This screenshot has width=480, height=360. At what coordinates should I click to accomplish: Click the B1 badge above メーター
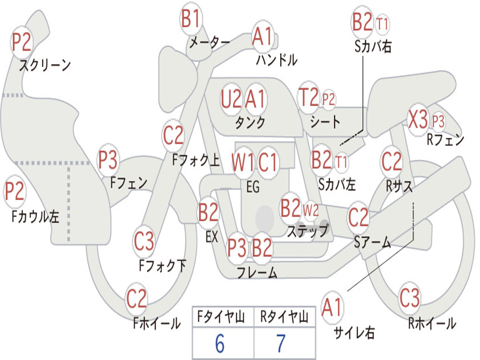(191, 20)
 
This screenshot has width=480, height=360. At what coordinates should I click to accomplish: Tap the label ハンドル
(277, 60)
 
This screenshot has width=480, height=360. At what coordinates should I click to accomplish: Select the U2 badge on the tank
(232, 99)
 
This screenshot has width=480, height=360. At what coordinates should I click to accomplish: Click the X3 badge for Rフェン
(418, 120)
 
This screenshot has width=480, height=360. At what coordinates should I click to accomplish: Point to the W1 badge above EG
(243, 163)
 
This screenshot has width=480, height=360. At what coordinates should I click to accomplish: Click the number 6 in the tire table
(220, 344)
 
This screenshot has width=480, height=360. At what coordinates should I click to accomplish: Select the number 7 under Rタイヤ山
(281, 344)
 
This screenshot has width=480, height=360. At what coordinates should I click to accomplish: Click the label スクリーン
(45, 65)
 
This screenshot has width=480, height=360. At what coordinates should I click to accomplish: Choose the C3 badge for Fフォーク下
(144, 242)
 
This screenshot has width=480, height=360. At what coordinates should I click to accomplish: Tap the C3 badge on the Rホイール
(410, 298)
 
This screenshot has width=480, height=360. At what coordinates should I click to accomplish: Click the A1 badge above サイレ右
(332, 308)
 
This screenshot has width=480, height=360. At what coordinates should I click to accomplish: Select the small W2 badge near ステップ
(310, 210)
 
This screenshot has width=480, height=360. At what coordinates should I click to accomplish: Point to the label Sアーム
(373, 242)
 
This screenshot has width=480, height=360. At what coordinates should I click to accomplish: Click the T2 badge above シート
(308, 97)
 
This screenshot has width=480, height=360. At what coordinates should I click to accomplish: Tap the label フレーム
(257, 272)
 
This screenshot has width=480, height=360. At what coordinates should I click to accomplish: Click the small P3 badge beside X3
(438, 121)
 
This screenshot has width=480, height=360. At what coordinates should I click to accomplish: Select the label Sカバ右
(373, 46)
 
